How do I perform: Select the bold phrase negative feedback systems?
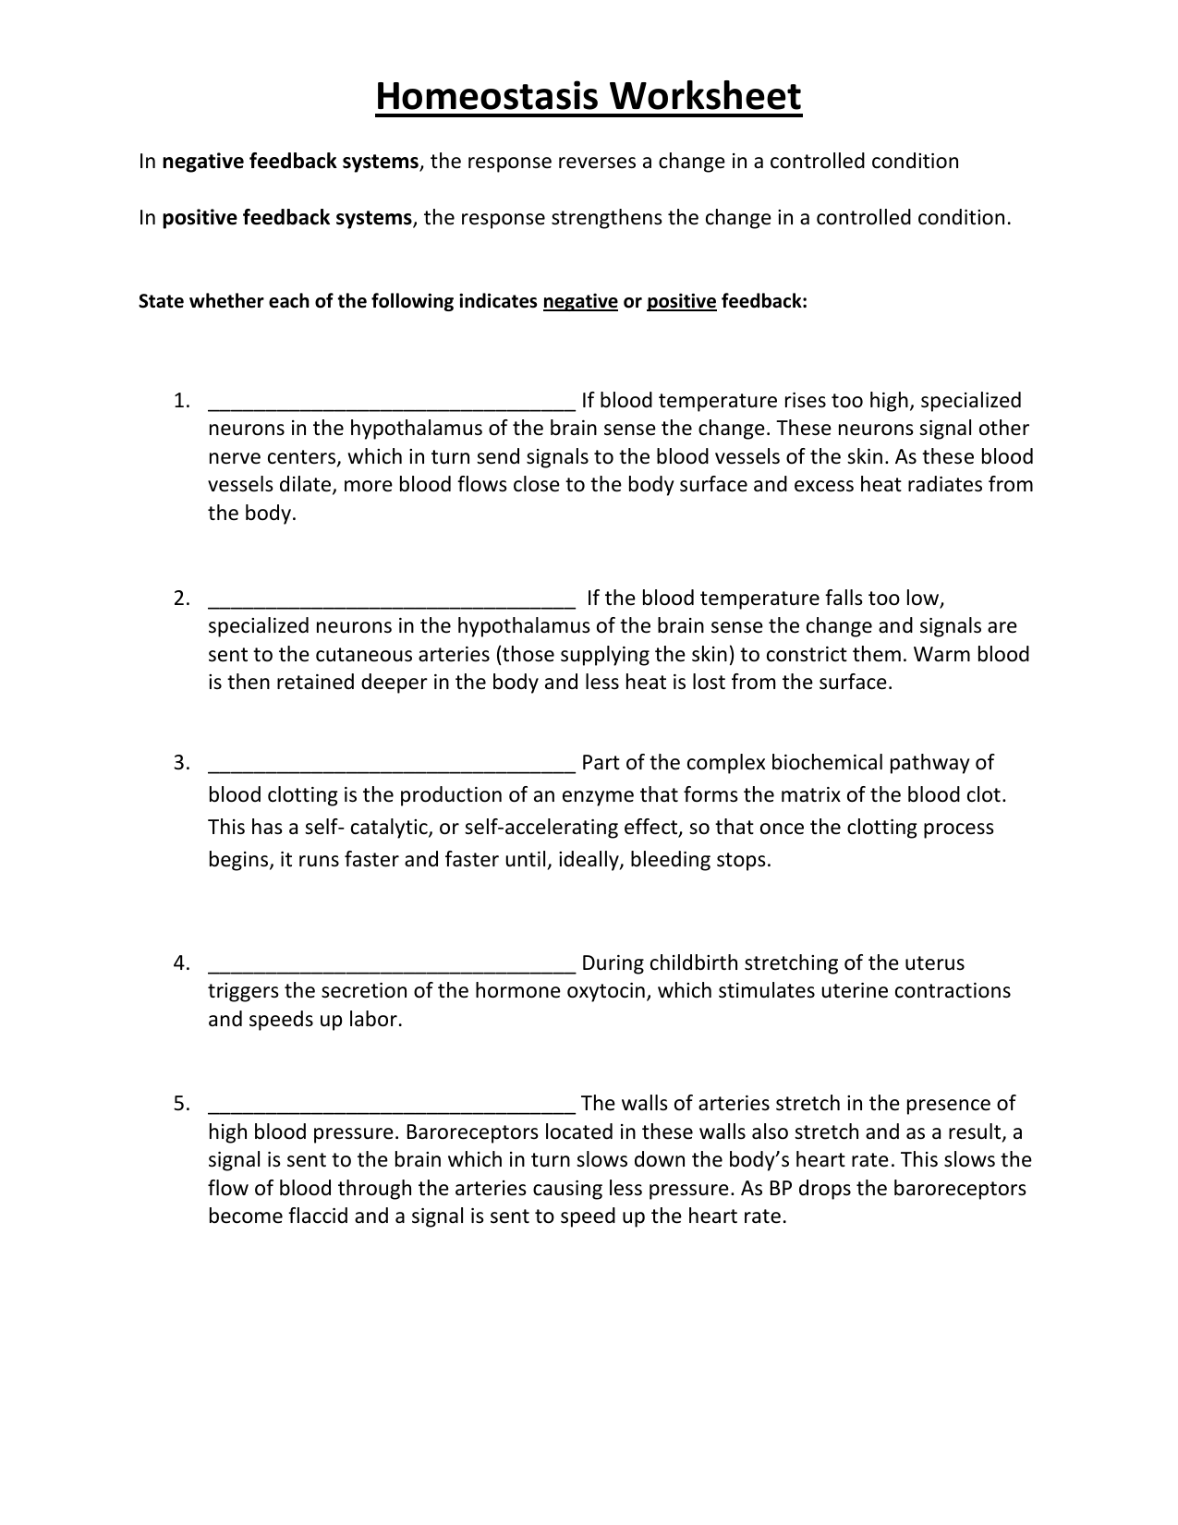click(290, 162)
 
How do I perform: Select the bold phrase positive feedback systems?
click(286, 218)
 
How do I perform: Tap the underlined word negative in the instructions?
click(580, 302)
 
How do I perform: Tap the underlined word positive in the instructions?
click(682, 302)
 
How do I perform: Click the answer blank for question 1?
click(393, 404)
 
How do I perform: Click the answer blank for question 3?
click(393, 766)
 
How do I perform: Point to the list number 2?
click(180, 599)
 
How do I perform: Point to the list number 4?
click(180, 963)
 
